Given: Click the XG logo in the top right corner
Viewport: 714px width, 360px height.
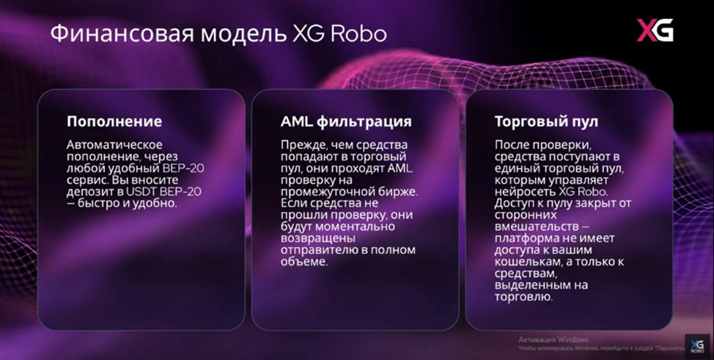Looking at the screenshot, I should pos(654,31).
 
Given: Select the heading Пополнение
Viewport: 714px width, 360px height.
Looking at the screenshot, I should pos(114,121).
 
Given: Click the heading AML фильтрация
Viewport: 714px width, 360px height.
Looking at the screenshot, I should pos(346,121).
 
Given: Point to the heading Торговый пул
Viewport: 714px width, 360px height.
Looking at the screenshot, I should pos(548,121).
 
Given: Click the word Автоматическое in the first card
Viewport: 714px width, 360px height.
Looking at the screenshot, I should pos(114,144).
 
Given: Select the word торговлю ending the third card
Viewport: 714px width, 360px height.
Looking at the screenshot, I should pos(523,297).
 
